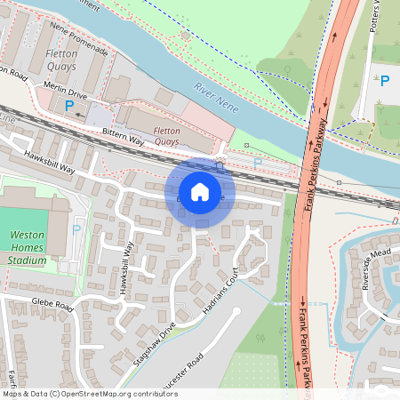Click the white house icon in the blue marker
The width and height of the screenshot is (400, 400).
pyautogui.click(x=200, y=192)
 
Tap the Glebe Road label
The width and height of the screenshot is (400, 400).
pyautogui.click(x=52, y=305)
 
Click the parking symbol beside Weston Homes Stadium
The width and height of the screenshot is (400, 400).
pyautogui.click(x=76, y=229)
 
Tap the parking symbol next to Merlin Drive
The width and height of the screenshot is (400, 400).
pyautogui.click(x=69, y=106)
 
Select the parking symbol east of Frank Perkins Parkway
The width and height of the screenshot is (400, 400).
pyautogui.click(x=385, y=82)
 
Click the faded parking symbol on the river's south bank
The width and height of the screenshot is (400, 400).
pyautogui.click(x=258, y=163)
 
